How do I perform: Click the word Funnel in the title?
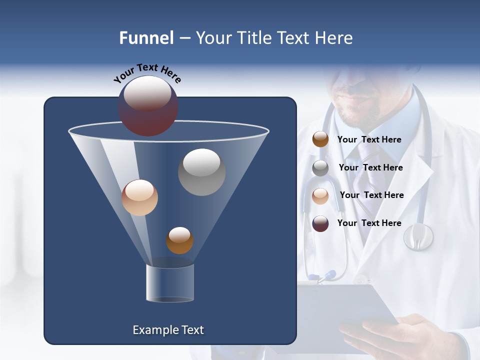(x=146, y=38)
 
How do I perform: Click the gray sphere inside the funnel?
(x=201, y=172)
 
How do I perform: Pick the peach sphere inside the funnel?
(x=139, y=197)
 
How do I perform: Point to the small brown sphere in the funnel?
(x=179, y=240)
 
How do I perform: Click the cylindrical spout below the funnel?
(x=170, y=283)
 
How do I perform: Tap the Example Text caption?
(x=168, y=330)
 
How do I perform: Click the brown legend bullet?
(x=320, y=139)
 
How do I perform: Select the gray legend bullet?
(x=320, y=168)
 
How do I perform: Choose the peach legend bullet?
(x=320, y=195)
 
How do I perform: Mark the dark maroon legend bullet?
(x=320, y=223)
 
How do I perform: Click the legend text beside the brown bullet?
(x=369, y=139)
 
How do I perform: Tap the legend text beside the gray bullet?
(x=370, y=167)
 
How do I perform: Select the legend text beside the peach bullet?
(x=371, y=195)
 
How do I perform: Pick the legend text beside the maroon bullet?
(x=369, y=223)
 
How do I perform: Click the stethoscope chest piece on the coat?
(x=418, y=236)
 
